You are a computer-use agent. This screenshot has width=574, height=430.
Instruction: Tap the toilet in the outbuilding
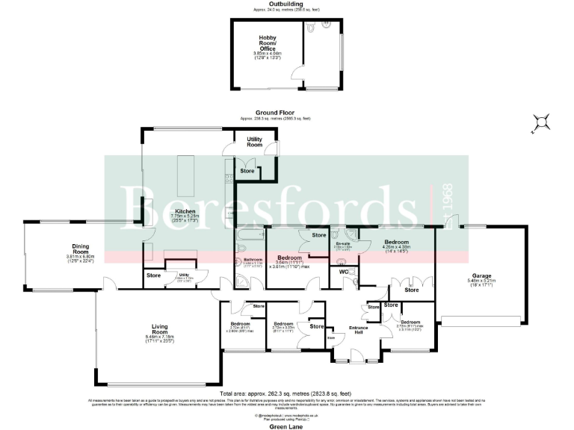[x=326, y=25]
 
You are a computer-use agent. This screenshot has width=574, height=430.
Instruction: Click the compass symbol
[x=540, y=122]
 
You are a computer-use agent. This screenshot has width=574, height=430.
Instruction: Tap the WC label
[x=343, y=272]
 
